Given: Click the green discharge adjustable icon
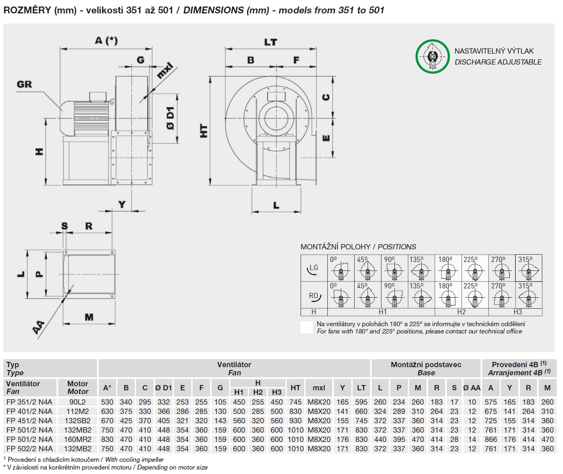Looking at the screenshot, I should [432, 56].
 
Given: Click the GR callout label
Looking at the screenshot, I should [24, 84].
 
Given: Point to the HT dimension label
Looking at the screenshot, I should [204, 131].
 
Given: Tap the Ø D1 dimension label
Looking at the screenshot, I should [170, 118].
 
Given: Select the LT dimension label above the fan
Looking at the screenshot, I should [271, 42].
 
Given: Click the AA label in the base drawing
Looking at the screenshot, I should [39, 327].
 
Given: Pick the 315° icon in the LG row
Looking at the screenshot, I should [528, 268].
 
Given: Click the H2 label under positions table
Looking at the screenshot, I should [461, 312].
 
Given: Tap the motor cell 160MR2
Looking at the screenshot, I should [78, 439].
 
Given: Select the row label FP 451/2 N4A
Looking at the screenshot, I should [29, 420].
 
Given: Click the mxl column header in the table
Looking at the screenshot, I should [319, 388].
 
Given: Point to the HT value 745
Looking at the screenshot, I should [295, 402].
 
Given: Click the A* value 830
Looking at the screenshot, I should [107, 439].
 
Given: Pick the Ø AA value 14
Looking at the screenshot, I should [472, 439].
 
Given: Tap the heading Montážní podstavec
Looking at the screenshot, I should [426, 365].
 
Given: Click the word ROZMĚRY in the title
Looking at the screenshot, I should [27, 10].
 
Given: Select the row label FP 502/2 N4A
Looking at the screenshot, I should [29, 448].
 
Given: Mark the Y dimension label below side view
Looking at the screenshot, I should [122, 204].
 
